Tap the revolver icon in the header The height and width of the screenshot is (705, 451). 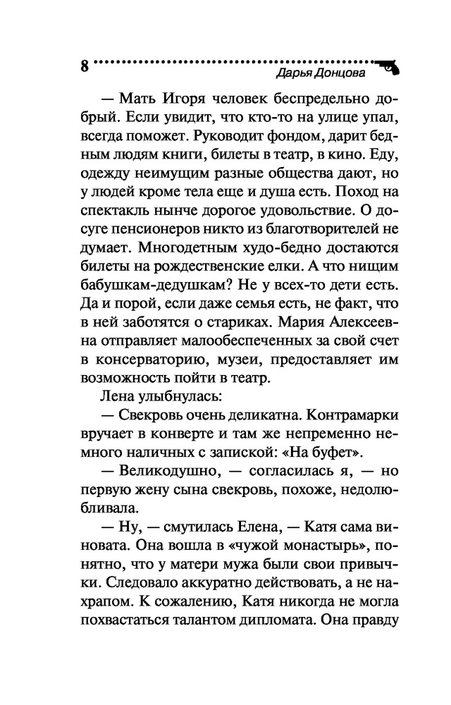click(388, 67)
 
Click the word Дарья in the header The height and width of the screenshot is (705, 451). click(290, 73)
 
